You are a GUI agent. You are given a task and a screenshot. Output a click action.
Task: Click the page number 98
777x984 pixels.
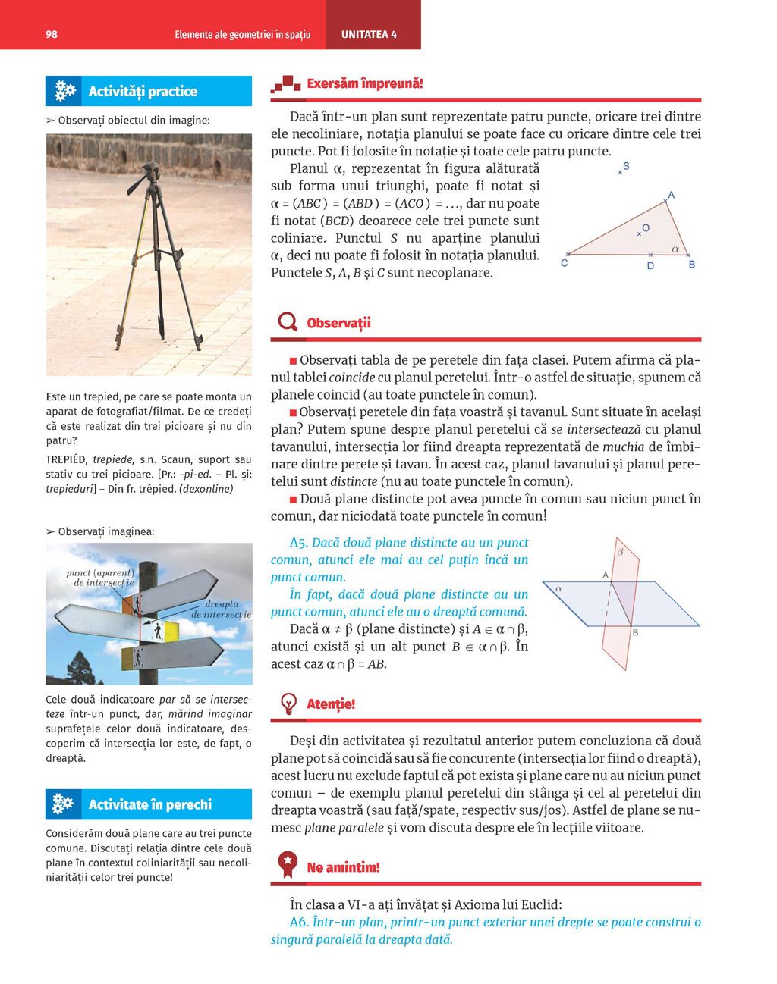coord(52,34)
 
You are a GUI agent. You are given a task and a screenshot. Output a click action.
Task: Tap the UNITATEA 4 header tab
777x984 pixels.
coord(369,34)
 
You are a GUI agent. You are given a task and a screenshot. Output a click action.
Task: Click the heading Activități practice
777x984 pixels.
coord(143,92)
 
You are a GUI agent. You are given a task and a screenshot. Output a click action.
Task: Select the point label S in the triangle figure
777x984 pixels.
coord(626,166)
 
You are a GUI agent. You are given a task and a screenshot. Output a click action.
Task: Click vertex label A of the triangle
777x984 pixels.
coord(671,195)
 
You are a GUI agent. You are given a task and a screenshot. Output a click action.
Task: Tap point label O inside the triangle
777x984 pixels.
coord(646,227)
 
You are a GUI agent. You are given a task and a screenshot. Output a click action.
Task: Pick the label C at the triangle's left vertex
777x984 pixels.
coord(564,263)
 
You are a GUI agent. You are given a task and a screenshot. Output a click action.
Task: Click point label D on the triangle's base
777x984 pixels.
coord(650,266)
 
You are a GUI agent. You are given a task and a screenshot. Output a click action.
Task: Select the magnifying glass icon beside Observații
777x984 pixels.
coord(288,322)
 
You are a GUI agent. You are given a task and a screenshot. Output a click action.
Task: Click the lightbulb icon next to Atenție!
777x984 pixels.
coord(288,704)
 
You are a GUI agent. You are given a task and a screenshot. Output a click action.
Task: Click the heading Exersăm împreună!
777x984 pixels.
coord(365,83)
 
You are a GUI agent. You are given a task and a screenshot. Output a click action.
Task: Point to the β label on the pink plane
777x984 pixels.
coord(620,552)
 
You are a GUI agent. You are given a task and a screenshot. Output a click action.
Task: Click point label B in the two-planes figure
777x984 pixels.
coord(635,632)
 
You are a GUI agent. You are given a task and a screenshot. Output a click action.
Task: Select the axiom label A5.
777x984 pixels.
coord(298,543)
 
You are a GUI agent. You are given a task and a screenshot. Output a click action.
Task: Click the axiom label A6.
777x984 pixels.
coord(298,923)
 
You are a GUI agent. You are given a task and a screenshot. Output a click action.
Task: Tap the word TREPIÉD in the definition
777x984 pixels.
coord(66,460)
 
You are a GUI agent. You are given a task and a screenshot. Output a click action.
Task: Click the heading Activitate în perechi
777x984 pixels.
coord(150,804)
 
